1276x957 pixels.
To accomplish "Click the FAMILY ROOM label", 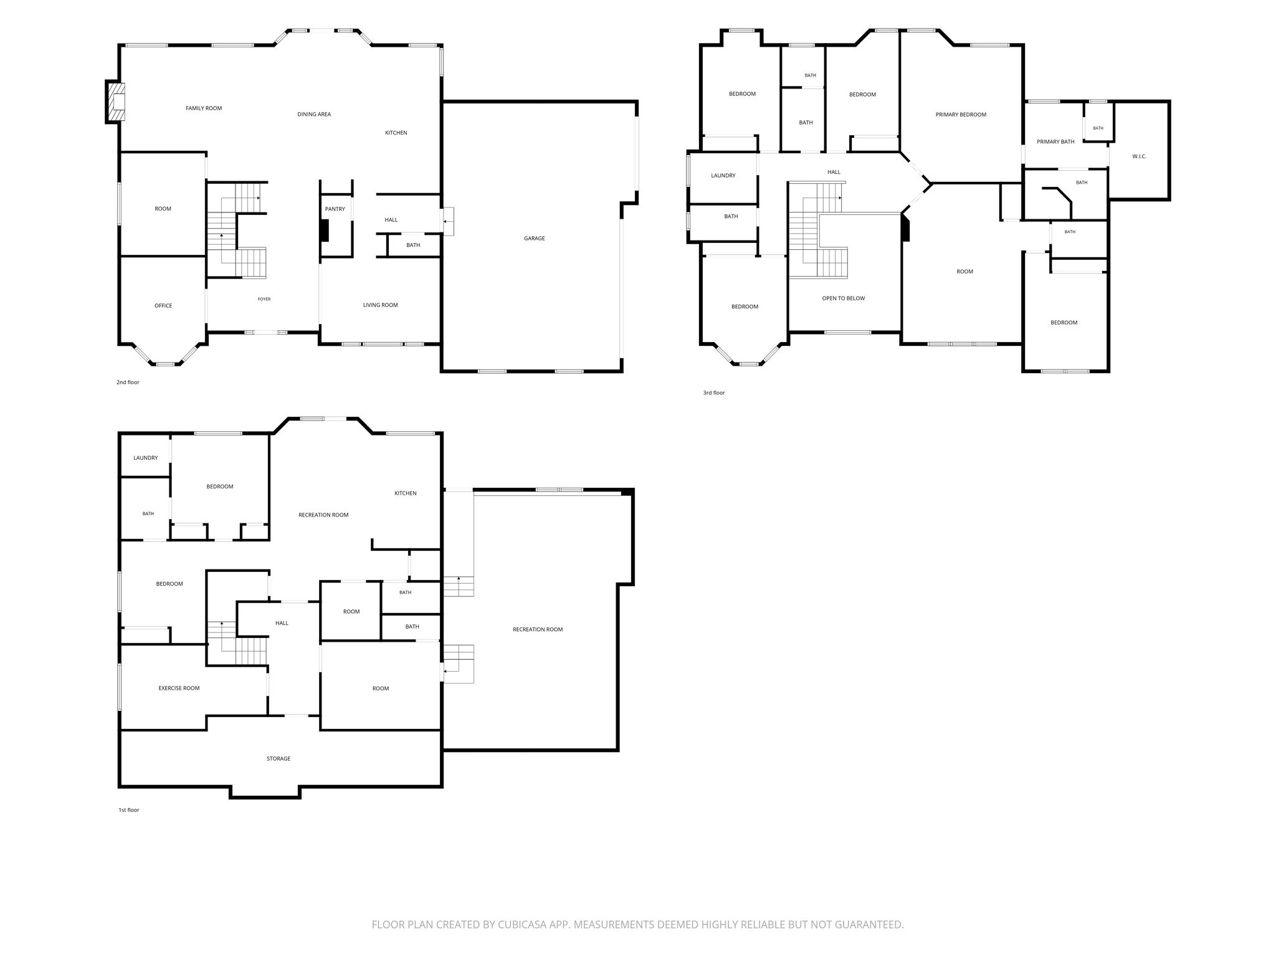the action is coord(204,108).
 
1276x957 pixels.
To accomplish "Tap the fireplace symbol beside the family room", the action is coord(116,102).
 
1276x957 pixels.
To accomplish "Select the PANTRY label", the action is coord(335,209).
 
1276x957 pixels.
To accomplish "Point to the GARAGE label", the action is coord(535,239).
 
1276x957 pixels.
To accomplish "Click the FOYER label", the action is coord(264,299).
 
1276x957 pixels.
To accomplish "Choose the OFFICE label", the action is coord(163,306).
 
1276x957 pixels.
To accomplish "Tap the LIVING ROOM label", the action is coord(381,305).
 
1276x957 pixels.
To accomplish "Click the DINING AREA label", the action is coord(314,115).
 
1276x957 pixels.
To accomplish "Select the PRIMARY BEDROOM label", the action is coord(961,115).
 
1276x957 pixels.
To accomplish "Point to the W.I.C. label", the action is coord(1139,156).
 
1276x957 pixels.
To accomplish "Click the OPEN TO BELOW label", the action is coord(844,298).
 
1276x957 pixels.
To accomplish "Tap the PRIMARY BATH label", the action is coord(1055,142).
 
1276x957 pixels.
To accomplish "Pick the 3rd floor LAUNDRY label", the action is coord(723,176).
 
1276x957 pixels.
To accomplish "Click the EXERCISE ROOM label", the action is coord(179,688).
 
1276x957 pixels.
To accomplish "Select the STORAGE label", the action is coord(279,759).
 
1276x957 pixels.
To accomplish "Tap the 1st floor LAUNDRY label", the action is coord(146,458).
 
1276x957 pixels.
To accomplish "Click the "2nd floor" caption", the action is coord(128,383).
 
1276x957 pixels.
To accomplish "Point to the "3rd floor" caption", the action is coord(714,393).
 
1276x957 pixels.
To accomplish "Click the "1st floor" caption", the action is coord(129,810).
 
